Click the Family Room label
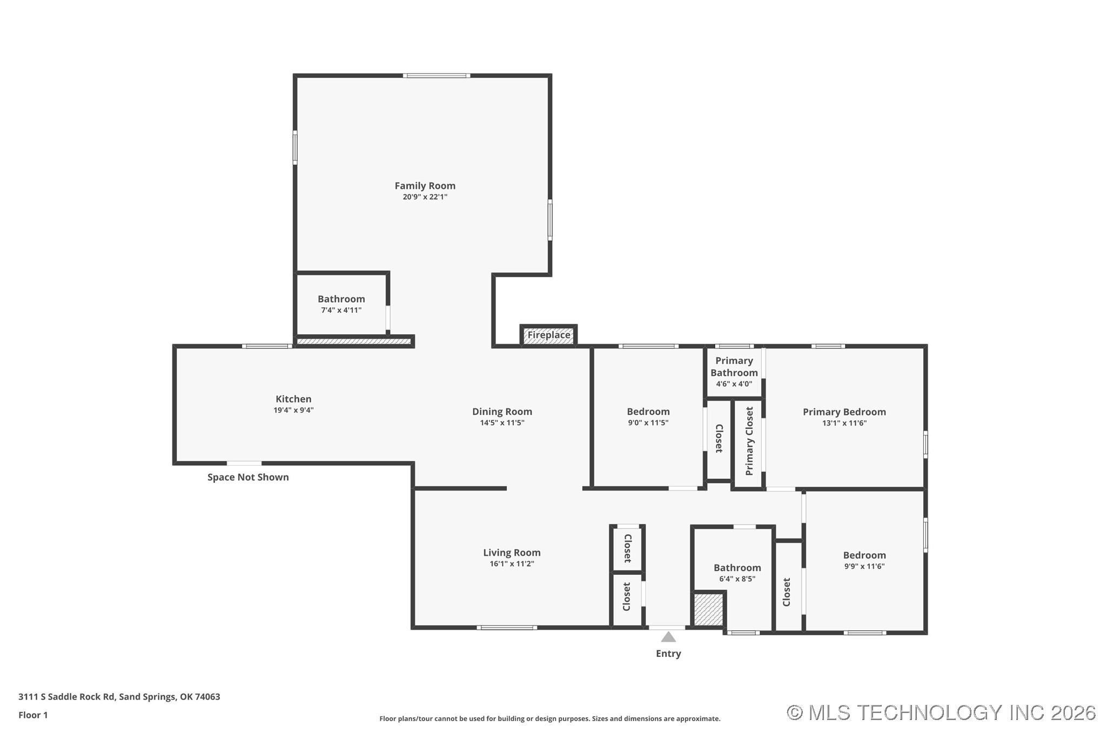coord(425,186)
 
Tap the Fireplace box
coord(548,335)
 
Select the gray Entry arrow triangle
coord(668,637)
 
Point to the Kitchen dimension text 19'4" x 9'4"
coord(293,411)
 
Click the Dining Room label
coord(502,412)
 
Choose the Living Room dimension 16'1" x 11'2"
coord(512,564)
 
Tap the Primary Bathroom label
coord(734,367)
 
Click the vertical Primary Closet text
coord(749,441)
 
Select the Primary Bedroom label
coord(844,412)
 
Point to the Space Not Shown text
coord(248,477)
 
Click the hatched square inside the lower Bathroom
coord(708,609)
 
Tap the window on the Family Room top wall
coord(437,76)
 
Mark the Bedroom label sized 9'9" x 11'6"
coord(864,555)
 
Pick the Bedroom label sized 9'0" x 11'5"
coord(648,412)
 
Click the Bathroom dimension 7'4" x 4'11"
coord(341,311)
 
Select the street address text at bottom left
coord(119,697)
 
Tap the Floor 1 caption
coord(33,715)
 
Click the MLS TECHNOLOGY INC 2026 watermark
coord(941,712)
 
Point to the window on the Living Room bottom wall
coord(506,628)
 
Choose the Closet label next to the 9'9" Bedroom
coord(787,591)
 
